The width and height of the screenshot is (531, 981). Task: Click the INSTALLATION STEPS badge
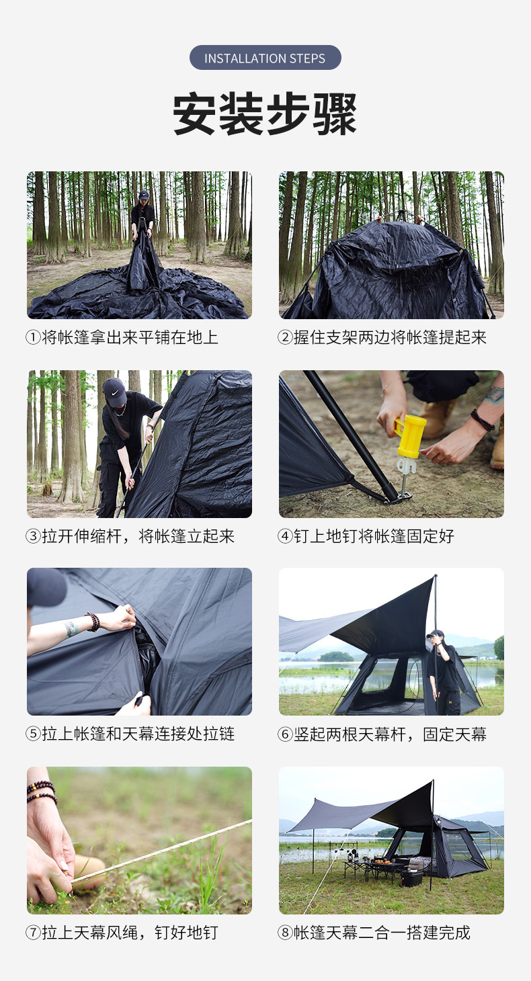coord(265,57)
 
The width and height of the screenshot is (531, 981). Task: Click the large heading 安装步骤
coord(265,114)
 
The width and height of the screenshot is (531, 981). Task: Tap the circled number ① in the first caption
coord(34,338)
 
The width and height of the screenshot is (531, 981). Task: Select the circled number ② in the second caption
coord(285,338)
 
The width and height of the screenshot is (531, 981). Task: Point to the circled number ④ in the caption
coord(285,536)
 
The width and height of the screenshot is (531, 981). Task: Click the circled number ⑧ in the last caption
coord(285,933)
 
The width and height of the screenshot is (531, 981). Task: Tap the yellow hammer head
coord(410,436)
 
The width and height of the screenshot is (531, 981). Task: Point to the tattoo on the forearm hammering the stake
coord(495,394)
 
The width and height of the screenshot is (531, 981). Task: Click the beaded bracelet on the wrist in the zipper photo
coord(93,622)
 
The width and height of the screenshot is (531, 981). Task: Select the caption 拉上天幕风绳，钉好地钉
coord(130,933)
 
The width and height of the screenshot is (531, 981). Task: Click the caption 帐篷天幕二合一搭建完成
coord(382,933)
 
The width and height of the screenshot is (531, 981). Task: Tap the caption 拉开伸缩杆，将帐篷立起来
coord(138,536)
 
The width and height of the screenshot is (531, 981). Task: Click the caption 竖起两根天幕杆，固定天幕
coord(390,734)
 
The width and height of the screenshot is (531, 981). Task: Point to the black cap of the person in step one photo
coord(143,195)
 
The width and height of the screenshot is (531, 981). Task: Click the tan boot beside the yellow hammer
coord(436,418)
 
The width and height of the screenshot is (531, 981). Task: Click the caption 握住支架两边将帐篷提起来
coord(390,338)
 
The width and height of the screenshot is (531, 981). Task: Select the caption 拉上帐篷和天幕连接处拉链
coord(138,734)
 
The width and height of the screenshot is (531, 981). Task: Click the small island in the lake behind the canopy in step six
coord(335,656)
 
